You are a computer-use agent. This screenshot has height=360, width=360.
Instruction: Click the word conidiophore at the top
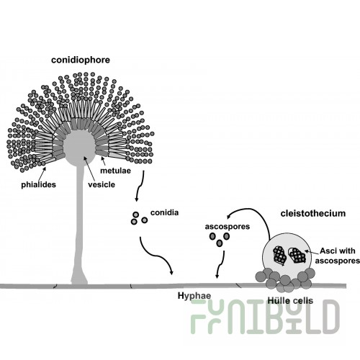click(x=81, y=60)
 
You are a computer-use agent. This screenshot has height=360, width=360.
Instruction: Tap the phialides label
click(x=38, y=184)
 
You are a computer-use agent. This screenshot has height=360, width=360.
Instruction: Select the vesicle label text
click(x=102, y=184)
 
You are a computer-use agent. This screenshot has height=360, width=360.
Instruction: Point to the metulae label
click(x=115, y=171)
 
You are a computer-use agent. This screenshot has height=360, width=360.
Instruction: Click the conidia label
click(x=164, y=212)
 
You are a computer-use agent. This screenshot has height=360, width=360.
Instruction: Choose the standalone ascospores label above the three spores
click(x=228, y=227)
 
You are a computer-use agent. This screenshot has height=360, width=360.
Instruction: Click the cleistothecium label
click(x=313, y=213)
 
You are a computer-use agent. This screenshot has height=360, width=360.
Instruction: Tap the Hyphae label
click(x=194, y=296)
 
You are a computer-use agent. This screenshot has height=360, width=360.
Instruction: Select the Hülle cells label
click(x=290, y=300)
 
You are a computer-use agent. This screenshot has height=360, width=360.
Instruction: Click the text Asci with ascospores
click(x=338, y=256)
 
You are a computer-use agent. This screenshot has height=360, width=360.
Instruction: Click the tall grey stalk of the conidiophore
click(x=79, y=223)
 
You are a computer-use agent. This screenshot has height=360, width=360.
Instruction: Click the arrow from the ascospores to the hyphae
click(x=220, y=264)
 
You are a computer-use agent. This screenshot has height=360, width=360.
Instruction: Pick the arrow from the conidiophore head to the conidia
click(x=140, y=186)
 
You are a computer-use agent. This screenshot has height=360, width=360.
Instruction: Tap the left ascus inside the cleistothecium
click(x=279, y=256)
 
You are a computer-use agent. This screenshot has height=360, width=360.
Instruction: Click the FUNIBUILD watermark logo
click(x=265, y=317)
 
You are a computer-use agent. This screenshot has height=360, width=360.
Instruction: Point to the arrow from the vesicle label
click(x=89, y=168)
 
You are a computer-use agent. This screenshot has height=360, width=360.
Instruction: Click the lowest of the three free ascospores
click(x=220, y=243)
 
